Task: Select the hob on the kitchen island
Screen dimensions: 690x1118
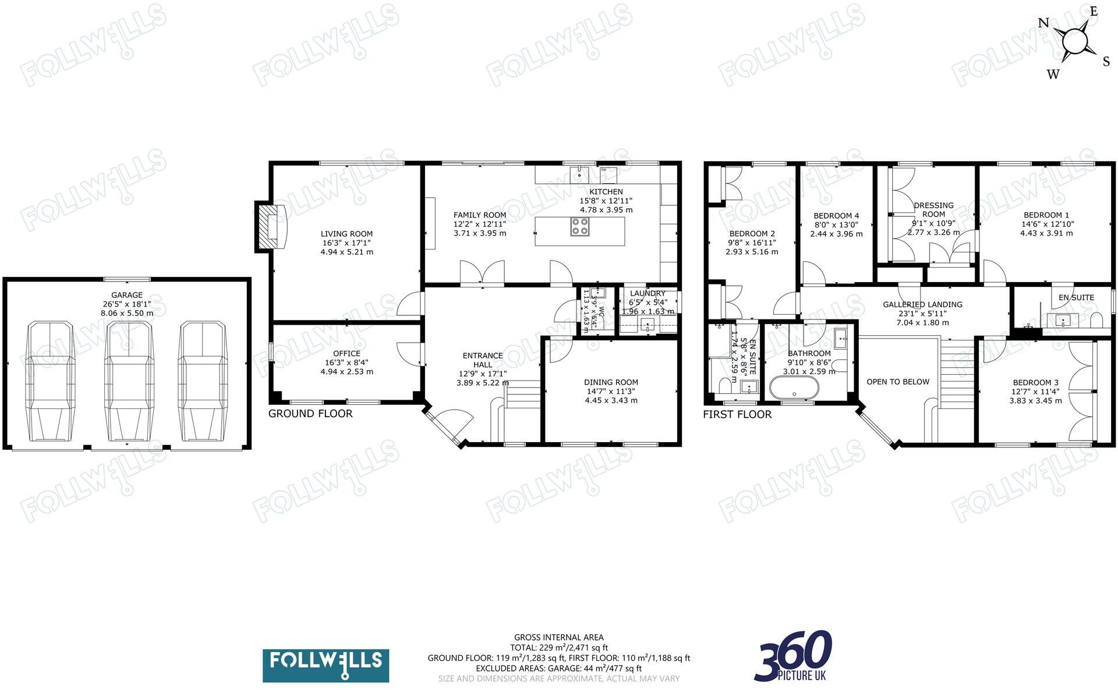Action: point(579,226)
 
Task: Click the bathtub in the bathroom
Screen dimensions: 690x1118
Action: point(794,387)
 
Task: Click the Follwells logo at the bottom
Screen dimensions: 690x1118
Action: point(326,665)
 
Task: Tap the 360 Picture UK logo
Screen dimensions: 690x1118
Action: point(794,655)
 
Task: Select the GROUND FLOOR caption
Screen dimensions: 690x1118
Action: point(310,414)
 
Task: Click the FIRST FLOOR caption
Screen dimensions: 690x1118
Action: point(737,414)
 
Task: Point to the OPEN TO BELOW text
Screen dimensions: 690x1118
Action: point(897,382)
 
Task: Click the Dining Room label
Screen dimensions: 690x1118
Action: point(611,382)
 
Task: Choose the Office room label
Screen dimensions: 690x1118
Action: point(346,353)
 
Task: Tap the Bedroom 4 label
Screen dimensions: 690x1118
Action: point(836,216)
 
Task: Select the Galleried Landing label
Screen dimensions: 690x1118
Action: point(922,304)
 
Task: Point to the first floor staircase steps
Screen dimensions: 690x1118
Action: point(957,372)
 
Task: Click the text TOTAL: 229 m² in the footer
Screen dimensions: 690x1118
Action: point(558,648)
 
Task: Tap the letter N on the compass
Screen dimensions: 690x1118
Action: point(1043,23)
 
